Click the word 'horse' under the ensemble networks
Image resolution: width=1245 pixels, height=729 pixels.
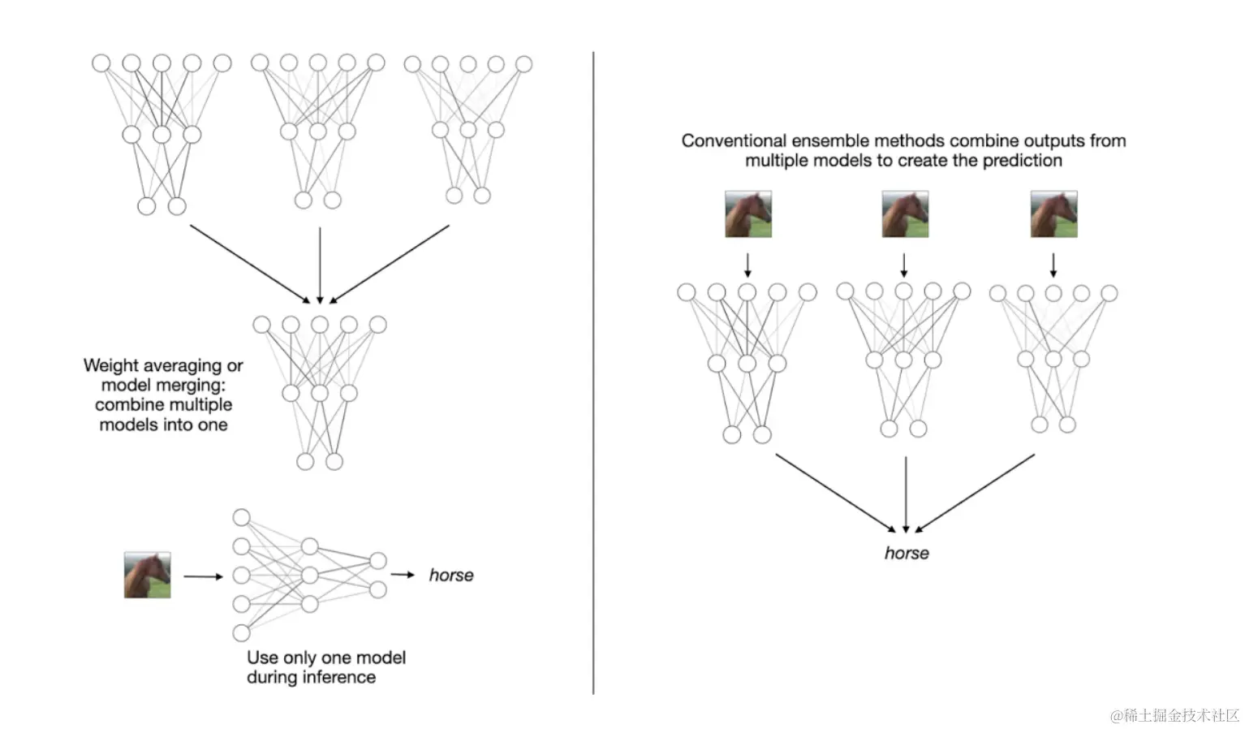[x=907, y=553]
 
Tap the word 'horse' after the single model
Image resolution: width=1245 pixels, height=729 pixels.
[x=451, y=575]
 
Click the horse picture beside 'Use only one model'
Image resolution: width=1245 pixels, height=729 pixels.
[x=147, y=575]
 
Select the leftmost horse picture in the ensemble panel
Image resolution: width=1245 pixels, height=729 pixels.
[x=747, y=214]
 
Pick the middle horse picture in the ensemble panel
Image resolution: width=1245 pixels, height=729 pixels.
[x=905, y=214]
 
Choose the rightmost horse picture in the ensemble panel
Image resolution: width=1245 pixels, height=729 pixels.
[x=1053, y=214]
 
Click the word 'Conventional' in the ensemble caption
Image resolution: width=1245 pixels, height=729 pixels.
[x=734, y=140]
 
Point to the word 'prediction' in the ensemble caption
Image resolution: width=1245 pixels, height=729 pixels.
[x=1022, y=161]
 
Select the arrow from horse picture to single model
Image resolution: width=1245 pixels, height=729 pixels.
[x=203, y=576]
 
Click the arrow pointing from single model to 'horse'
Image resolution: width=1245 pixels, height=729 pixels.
[x=403, y=575]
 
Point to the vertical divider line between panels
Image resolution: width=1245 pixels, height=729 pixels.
[x=593, y=373]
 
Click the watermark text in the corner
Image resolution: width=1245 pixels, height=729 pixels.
[x=1174, y=715]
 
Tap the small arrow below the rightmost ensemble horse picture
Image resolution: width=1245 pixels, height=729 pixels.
[x=1053, y=265]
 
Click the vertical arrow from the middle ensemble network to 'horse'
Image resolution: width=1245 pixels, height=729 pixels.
[x=906, y=494]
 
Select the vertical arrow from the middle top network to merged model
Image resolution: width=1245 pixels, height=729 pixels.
[x=320, y=265]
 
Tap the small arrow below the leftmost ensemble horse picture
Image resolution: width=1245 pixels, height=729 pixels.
[x=747, y=265]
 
